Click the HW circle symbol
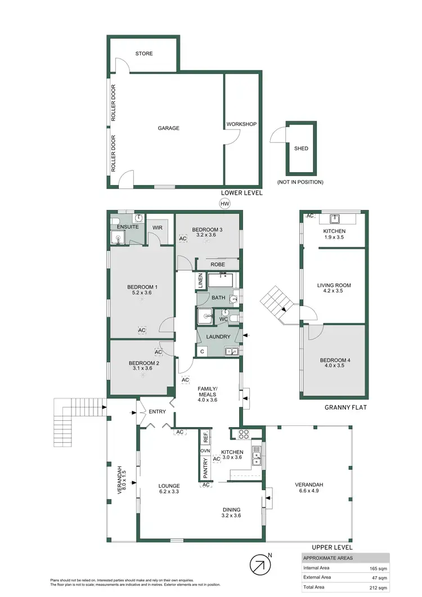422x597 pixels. click(225, 204)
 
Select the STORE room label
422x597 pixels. click(144, 54)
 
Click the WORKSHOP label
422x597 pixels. click(241, 124)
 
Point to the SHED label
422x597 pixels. click(301, 149)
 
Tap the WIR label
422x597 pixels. click(158, 227)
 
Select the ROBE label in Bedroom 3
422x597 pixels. click(218, 264)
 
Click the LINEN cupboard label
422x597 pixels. click(200, 281)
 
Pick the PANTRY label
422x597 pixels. click(205, 468)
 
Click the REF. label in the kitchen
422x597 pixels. click(205, 436)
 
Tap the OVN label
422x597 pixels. click(205, 451)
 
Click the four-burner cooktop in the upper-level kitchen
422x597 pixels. click(245, 434)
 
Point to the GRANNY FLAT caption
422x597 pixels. click(345, 407)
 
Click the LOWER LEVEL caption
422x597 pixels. click(241, 193)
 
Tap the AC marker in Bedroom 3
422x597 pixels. click(183, 239)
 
